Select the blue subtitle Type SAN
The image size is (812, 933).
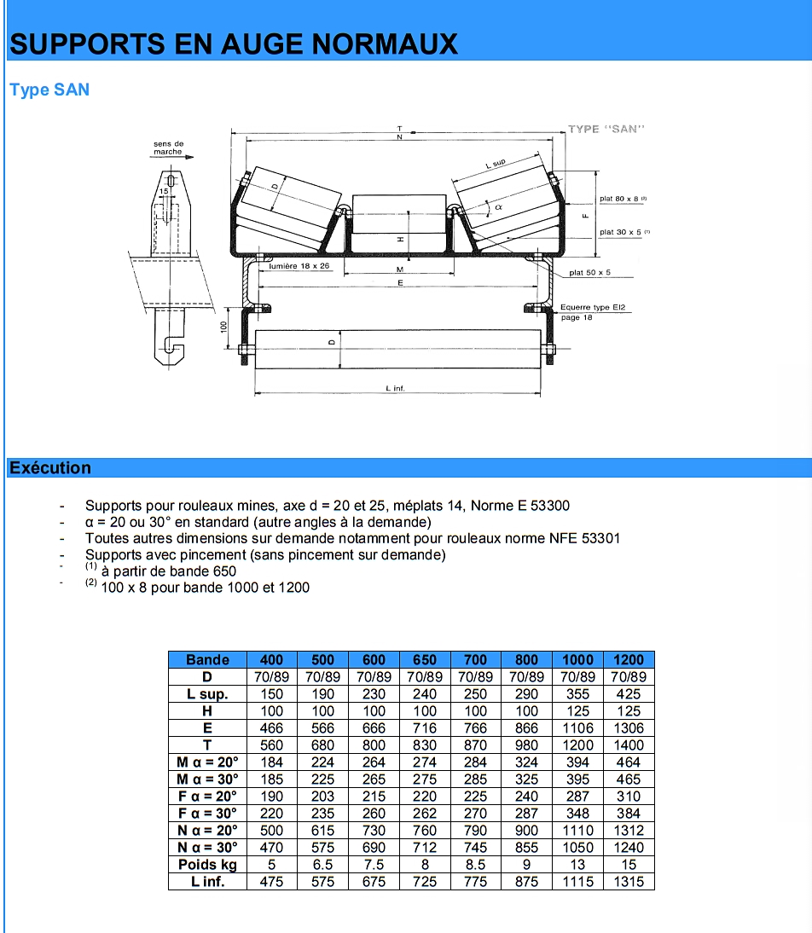[49, 90]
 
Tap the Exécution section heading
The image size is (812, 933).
[50, 467]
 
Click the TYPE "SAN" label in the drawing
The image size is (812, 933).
[606, 130]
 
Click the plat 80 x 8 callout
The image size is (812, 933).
[621, 199]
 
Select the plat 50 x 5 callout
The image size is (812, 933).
[590, 273]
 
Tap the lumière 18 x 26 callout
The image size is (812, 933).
[299, 266]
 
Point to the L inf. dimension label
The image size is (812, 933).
[395, 389]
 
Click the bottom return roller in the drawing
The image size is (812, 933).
[397, 350]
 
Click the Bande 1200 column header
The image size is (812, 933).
[629, 659]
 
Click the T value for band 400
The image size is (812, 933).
[272, 745]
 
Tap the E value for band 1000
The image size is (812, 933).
[577, 727]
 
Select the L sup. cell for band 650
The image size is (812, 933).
[424, 693]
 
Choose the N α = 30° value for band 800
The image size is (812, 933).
[526, 847]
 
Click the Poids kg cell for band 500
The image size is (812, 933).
[322, 864]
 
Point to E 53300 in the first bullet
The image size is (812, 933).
[543, 506]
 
